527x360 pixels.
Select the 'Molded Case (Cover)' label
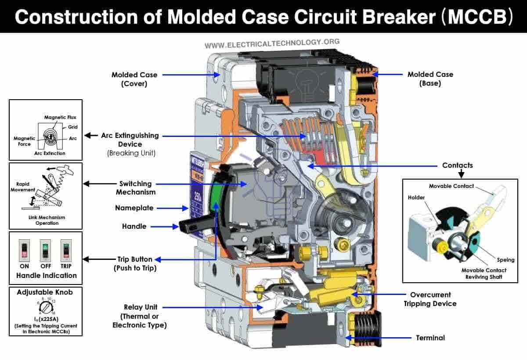tap(134, 79)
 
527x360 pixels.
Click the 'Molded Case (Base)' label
tap(430, 79)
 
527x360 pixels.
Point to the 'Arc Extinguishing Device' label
tap(130, 140)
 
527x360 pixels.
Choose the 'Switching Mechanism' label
tap(135, 188)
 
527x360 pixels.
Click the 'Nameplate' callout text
tap(134, 208)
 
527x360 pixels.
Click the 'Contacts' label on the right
tap(458, 166)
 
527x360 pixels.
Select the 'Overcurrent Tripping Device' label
tap(430, 299)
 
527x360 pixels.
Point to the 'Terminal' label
tap(430, 338)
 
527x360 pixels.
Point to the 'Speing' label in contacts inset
tap(505, 260)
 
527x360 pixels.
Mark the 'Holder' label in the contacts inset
tap(416, 198)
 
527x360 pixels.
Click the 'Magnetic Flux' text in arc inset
tap(60, 117)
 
